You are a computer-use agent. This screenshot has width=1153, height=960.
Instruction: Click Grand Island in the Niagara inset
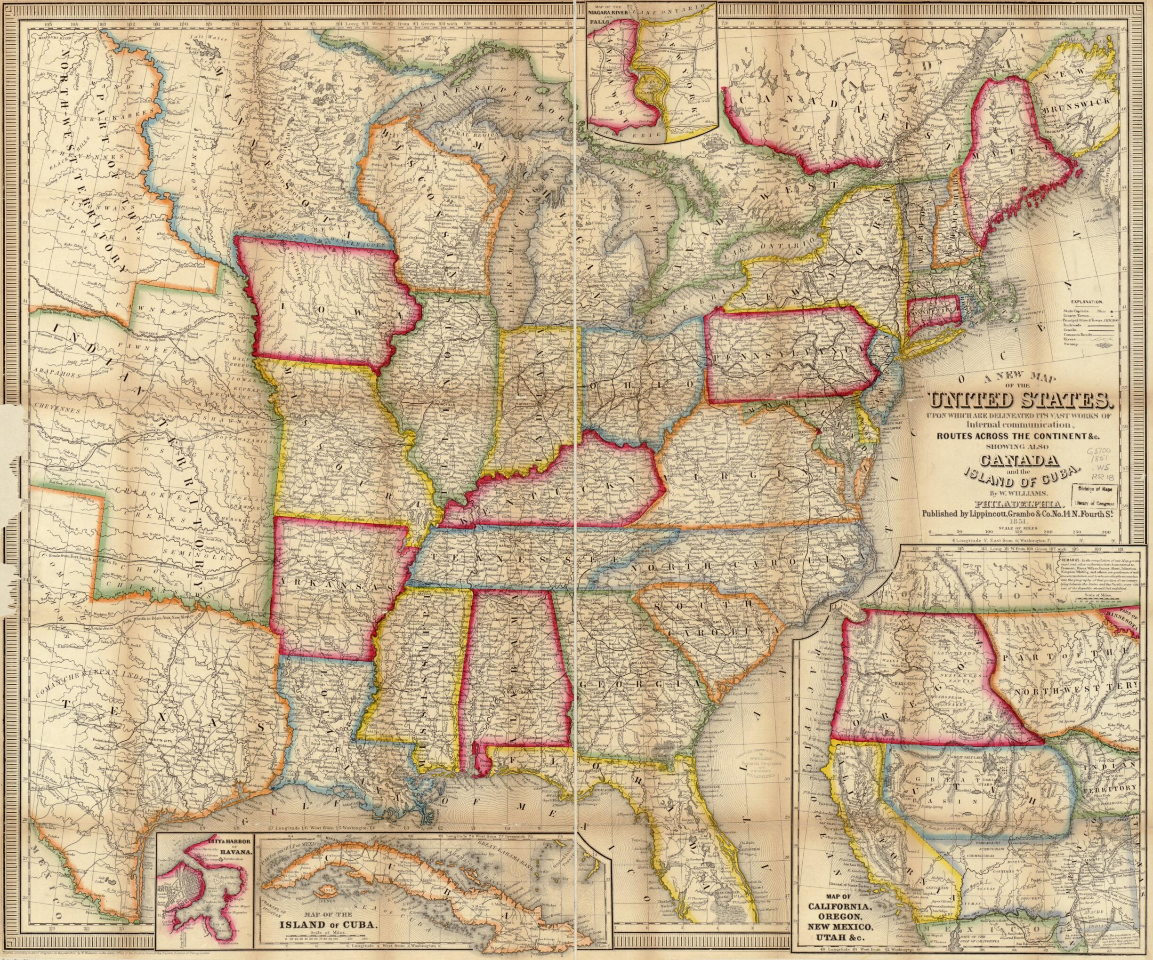[653, 86]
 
